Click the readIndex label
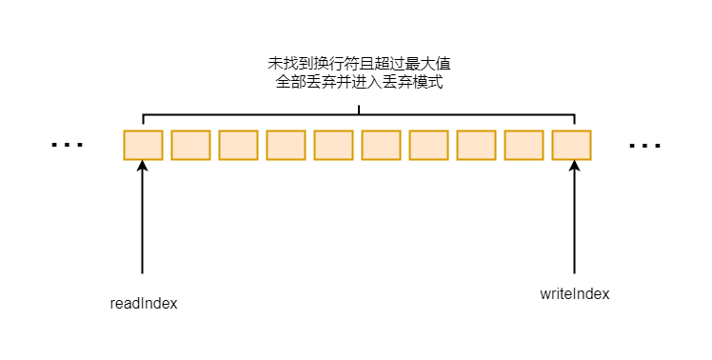[x=144, y=304]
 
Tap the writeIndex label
[x=574, y=294]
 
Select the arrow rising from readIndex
[x=142, y=219]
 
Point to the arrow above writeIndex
[x=574, y=219]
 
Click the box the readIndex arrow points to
[x=143, y=145]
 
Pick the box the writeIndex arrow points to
[x=571, y=145]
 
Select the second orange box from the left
[x=190, y=145]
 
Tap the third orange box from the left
[x=238, y=145]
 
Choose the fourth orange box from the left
[x=286, y=145]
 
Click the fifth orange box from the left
[x=333, y=145]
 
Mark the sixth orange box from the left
[x=381, y=145]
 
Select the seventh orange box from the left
[x=428, y=145]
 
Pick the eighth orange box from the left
[x=476, y=145]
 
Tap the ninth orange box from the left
[x=524, y=145]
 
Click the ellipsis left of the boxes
[x=68, y=146]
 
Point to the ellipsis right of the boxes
[x=644, y=146]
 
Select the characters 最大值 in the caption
[x=425, y=65]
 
